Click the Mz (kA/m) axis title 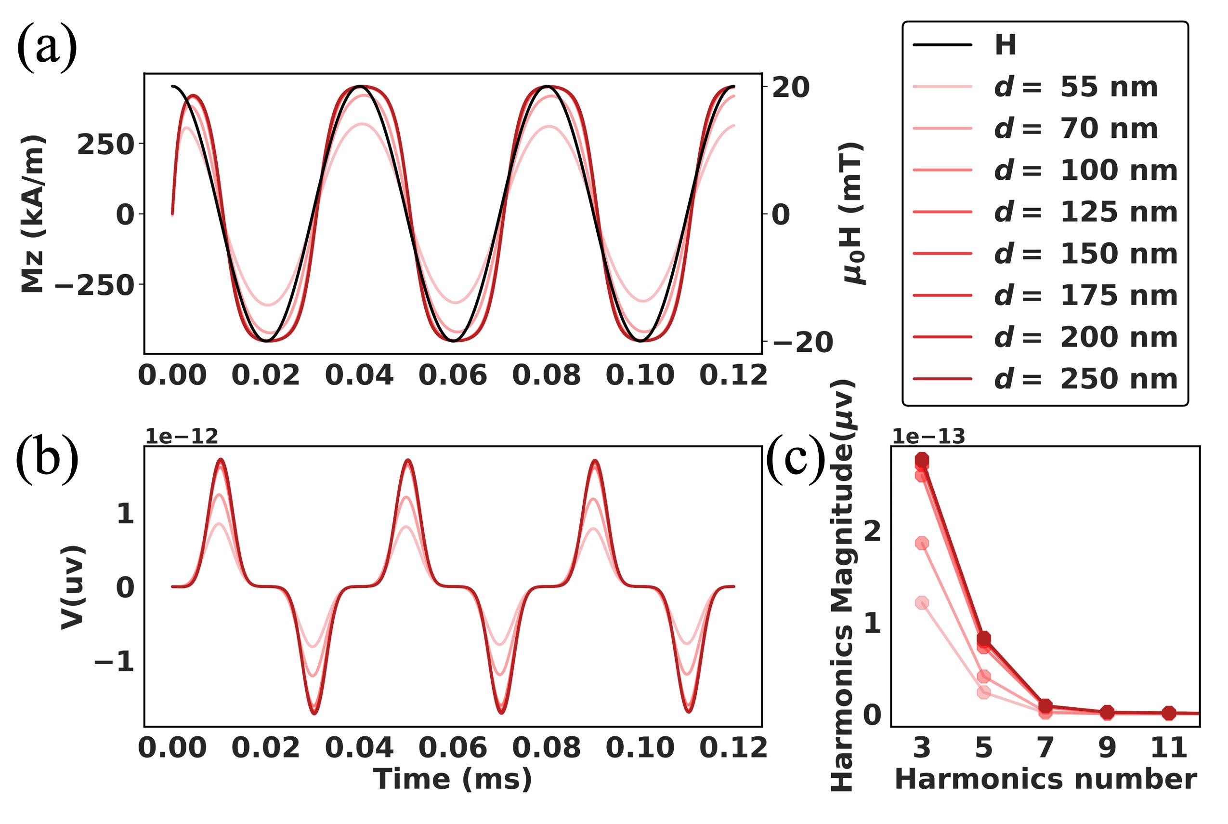tap(33, 213)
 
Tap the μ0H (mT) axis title tap(852, 213)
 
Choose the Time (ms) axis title tap(452, 779)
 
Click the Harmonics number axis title tap(1045, 779)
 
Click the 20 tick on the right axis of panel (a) tap(790, 87)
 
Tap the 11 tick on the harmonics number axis tap(1169, 748)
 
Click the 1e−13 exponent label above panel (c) tap(928, 436)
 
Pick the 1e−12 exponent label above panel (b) tap(181, 436)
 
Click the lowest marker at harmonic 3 tap(922, 603)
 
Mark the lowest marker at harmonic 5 tap(984, 692)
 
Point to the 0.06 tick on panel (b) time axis tap(452, 748)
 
